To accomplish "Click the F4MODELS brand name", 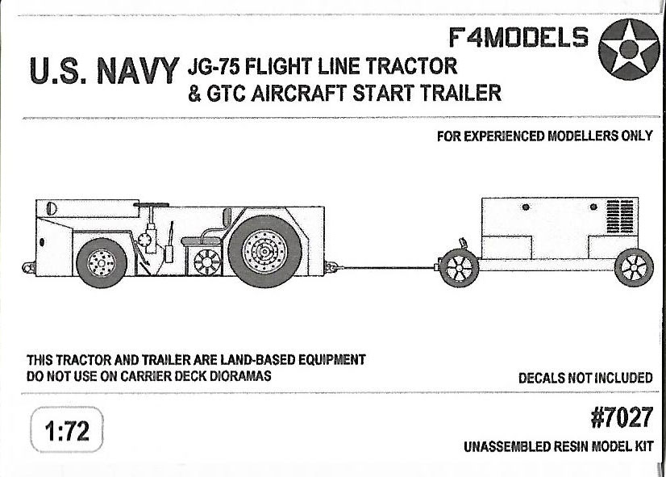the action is (518, 37).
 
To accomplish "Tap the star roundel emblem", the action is (629, 49).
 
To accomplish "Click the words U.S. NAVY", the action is (105, 70).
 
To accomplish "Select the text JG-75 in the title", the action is (211, 66).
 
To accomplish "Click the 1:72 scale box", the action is (67, 430).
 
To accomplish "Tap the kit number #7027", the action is (622, 418).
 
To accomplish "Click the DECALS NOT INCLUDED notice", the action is (585, 378).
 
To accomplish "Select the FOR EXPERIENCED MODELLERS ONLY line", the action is (544, 136).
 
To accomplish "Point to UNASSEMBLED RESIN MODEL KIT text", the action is (559, 447).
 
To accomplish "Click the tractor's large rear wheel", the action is (264, 252).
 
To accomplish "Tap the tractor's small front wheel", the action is (102, 263).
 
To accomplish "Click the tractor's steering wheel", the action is (151, 205).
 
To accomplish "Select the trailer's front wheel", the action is (459, 268).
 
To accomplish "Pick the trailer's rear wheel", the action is (634, 268).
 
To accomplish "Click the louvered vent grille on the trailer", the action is (620, 216).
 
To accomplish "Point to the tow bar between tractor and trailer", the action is (385, 268).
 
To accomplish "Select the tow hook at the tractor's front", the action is (28, 268).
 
